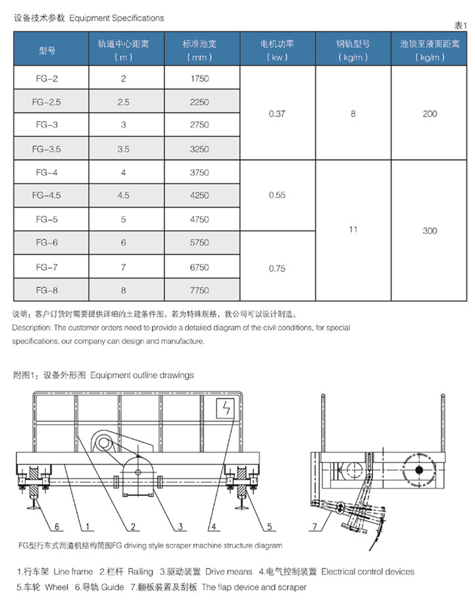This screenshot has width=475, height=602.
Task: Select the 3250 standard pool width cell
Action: pyautogui.click(x=199, y=149)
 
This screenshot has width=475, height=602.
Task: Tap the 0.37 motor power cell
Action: pyautogui.click(x=278, y=114)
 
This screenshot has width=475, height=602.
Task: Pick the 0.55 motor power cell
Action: pyautogui.click(x=278, y=196)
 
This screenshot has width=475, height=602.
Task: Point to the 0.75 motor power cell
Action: pyautogui.click(x=278, y=267)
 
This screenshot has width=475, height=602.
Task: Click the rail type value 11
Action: pyautogui.click(x=353, y=231)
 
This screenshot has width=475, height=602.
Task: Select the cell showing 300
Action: pyautogui.click(x=430, y=231)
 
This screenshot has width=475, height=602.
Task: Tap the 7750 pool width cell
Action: pyautogui.click(x=199, y=290)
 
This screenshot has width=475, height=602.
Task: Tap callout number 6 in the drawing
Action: pyautogui.click(x=57, y=526)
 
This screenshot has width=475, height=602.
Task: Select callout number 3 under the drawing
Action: pyautogui.click(x=179, y=526)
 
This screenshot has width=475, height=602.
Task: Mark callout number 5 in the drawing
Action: pyautogui.click(x=270, y=526)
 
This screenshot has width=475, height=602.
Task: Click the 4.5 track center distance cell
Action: pyautogui.click(x=123, y=196)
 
